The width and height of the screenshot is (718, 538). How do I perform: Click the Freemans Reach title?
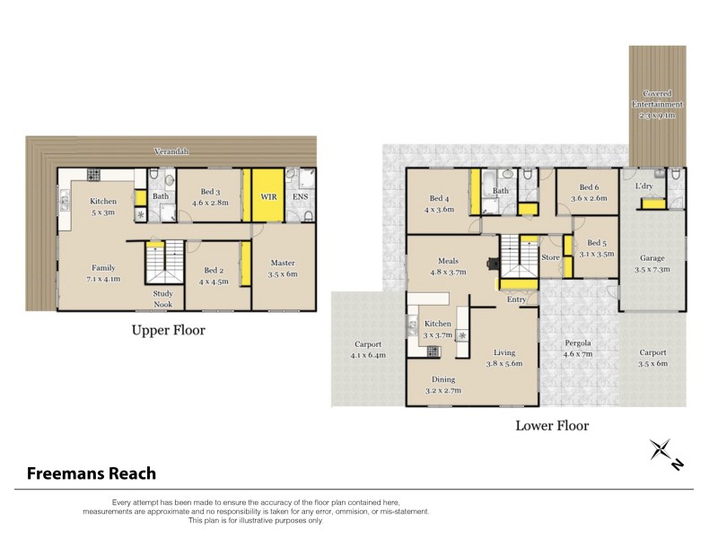(x=91, y=473)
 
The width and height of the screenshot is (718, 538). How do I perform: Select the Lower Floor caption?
(x=552, y=425)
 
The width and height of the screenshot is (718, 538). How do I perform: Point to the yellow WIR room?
(x=267, y=195)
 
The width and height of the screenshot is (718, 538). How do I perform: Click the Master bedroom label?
(x=283, y=263)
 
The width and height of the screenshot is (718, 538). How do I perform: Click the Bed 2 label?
(x=213, y=270)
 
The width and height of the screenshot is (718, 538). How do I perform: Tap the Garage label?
(x=652, y=258)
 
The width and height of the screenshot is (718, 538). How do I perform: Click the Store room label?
(x=550, y=257)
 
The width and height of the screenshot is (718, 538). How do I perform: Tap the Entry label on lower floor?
(x=516, y=299)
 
